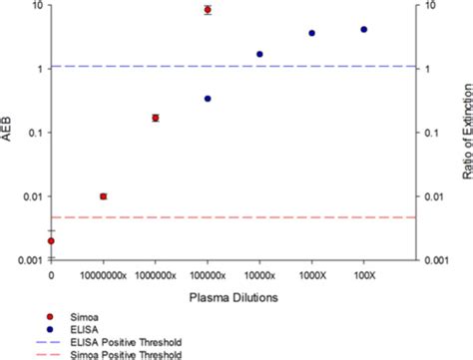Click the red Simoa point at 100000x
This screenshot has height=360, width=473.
(x=208, y=10)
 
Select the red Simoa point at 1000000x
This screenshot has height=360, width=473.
(x=156, y=118)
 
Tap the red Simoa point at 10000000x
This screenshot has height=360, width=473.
(x=103, y=196)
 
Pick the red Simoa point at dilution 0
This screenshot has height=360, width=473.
(x=51, y=240)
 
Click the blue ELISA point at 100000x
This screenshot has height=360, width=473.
(x=208, y=99)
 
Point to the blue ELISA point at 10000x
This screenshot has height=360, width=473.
(x=259, y=54)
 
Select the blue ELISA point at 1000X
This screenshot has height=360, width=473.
(x=311, y=33)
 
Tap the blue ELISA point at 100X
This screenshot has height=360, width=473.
(x=363, y=30)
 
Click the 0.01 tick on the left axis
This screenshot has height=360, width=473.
(x=32, y=196)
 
